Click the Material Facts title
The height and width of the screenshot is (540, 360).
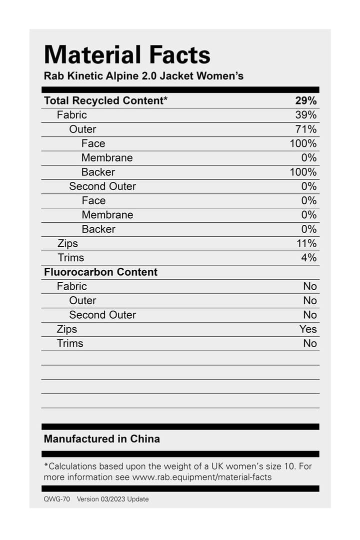point(127,54)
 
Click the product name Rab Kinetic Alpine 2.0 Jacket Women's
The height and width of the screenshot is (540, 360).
point(143,76)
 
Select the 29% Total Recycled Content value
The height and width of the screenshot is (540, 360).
point(305,100)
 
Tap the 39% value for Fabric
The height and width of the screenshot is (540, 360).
point(305,115)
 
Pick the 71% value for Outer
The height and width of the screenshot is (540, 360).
point(305,129)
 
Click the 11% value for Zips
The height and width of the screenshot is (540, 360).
point(305,244)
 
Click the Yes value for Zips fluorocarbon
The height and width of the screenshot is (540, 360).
point(308,329)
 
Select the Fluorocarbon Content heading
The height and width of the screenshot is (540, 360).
point(100,272)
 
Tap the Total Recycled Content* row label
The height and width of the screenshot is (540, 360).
point(105,100)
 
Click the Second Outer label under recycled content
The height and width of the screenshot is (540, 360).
point(102,186)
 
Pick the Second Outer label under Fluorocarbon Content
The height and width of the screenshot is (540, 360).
point(102,315)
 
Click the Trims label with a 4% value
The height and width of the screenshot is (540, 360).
point(70,258)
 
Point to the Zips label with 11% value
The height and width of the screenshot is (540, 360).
point(67,244)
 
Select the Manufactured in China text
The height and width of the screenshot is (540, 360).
point(102,439)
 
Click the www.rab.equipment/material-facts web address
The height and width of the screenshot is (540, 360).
point(202,477)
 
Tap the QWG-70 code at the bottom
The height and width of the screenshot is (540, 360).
point(56,499)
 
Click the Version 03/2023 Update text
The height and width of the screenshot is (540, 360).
point(112,499)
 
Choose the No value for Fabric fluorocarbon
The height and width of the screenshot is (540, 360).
point(310,286)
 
